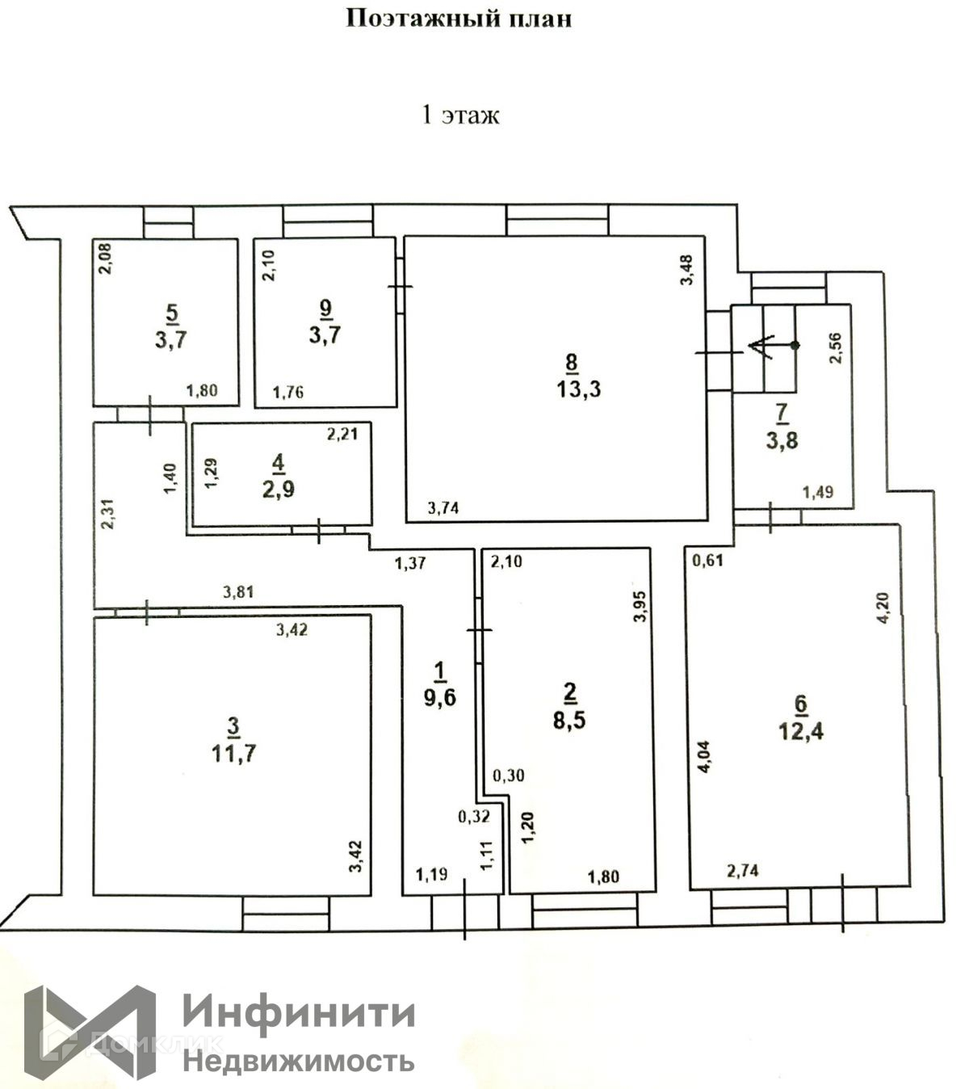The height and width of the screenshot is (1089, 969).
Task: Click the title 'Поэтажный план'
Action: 459,19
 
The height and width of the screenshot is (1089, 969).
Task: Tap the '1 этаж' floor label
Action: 461,115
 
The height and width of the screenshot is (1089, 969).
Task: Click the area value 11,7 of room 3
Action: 233,754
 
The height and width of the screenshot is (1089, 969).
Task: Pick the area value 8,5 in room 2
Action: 569,719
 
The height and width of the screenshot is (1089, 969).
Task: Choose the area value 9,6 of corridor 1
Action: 440,696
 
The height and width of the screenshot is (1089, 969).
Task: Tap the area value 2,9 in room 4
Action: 279,490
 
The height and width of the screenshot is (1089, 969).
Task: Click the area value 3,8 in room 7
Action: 782,441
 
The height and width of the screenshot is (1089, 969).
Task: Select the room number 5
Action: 171,311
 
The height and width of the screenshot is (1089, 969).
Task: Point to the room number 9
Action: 325,307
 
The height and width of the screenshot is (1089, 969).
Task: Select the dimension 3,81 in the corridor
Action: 238,592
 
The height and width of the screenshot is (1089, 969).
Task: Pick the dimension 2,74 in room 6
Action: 743,870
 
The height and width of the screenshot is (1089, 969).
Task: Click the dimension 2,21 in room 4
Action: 342,435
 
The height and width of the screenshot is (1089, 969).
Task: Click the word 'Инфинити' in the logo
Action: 300,1011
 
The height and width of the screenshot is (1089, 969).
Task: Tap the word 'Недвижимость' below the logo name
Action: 300,1059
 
